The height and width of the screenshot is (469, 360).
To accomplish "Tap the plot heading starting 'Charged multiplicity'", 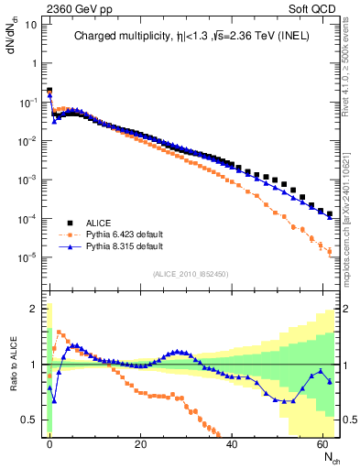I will pos(193,38).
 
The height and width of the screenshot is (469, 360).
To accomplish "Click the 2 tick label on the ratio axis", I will pos(35,309).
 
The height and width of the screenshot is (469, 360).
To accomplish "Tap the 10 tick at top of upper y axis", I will pos(31,24).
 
